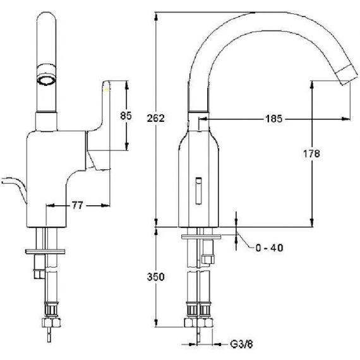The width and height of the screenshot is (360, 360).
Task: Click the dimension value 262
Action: click(x=156, y=119)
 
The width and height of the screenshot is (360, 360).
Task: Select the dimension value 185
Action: click(x=273, y=119)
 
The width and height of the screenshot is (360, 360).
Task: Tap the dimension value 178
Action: click(x=311, y=153)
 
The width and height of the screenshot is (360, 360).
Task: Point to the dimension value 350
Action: click(x=156, y=277)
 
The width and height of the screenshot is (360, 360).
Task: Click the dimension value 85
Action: click(x=126, y=116)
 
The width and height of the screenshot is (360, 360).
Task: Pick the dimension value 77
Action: click(x=78, y=205)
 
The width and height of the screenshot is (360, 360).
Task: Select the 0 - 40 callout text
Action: click(x=269, y=248)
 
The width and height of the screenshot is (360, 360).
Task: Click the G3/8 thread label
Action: click(x=241, y=344)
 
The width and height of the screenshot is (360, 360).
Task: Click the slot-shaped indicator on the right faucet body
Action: click(x=199, y=191)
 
